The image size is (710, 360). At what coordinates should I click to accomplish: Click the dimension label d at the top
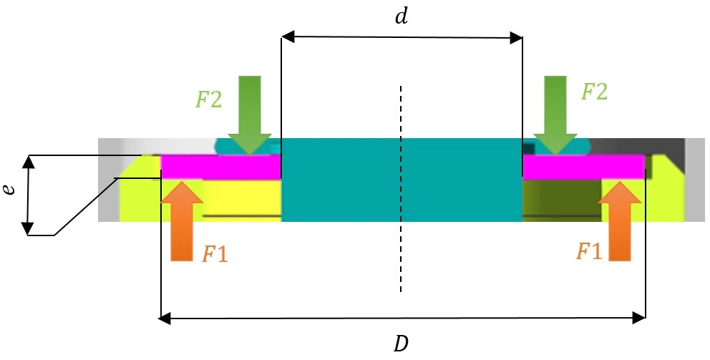[402, 16]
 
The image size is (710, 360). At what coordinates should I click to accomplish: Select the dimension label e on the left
[9, 191]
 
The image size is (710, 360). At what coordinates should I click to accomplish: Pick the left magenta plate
[221, 167]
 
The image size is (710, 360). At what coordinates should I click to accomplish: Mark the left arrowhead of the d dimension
[286, 34]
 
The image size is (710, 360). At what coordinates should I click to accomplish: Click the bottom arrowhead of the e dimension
[29, 229]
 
